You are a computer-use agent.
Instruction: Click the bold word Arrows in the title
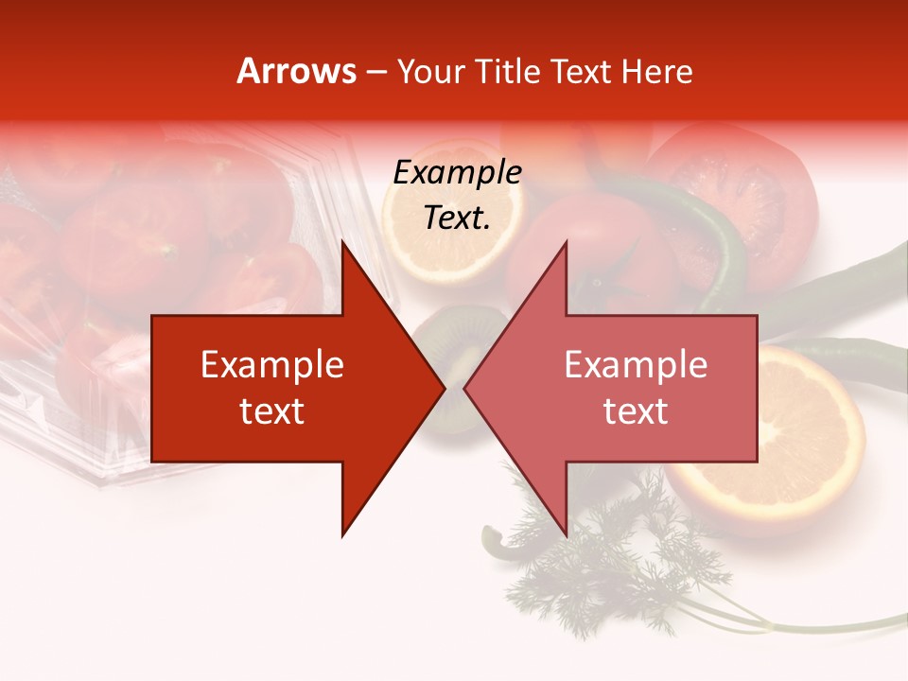[x=296, y=71]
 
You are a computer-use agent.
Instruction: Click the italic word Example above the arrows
[x=457, y=173]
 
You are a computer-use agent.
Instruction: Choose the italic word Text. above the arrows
[x=457, y=218]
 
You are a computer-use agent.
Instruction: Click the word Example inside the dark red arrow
[x=272, y=365]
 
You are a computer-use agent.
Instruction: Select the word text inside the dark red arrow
[x=272, y=411]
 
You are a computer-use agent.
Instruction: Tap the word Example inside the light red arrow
[x=636, y=365]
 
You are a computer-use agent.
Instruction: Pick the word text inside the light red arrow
[x=636, y=411]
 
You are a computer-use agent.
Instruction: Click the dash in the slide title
[x=375, y=72]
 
